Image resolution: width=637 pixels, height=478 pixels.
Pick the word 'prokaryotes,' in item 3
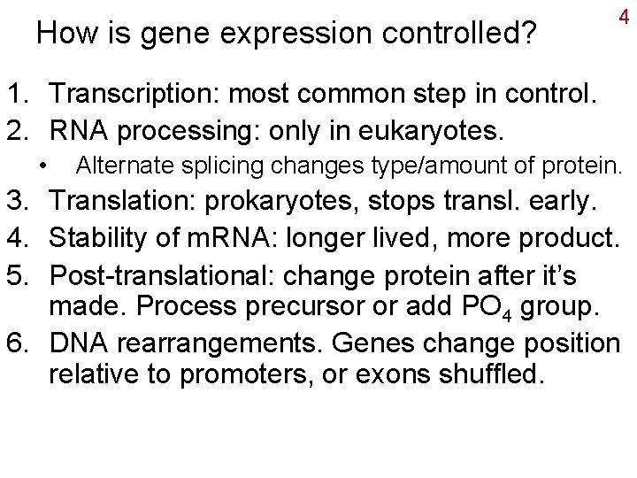click(282, 202)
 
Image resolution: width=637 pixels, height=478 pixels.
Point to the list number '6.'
click(22, 342)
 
